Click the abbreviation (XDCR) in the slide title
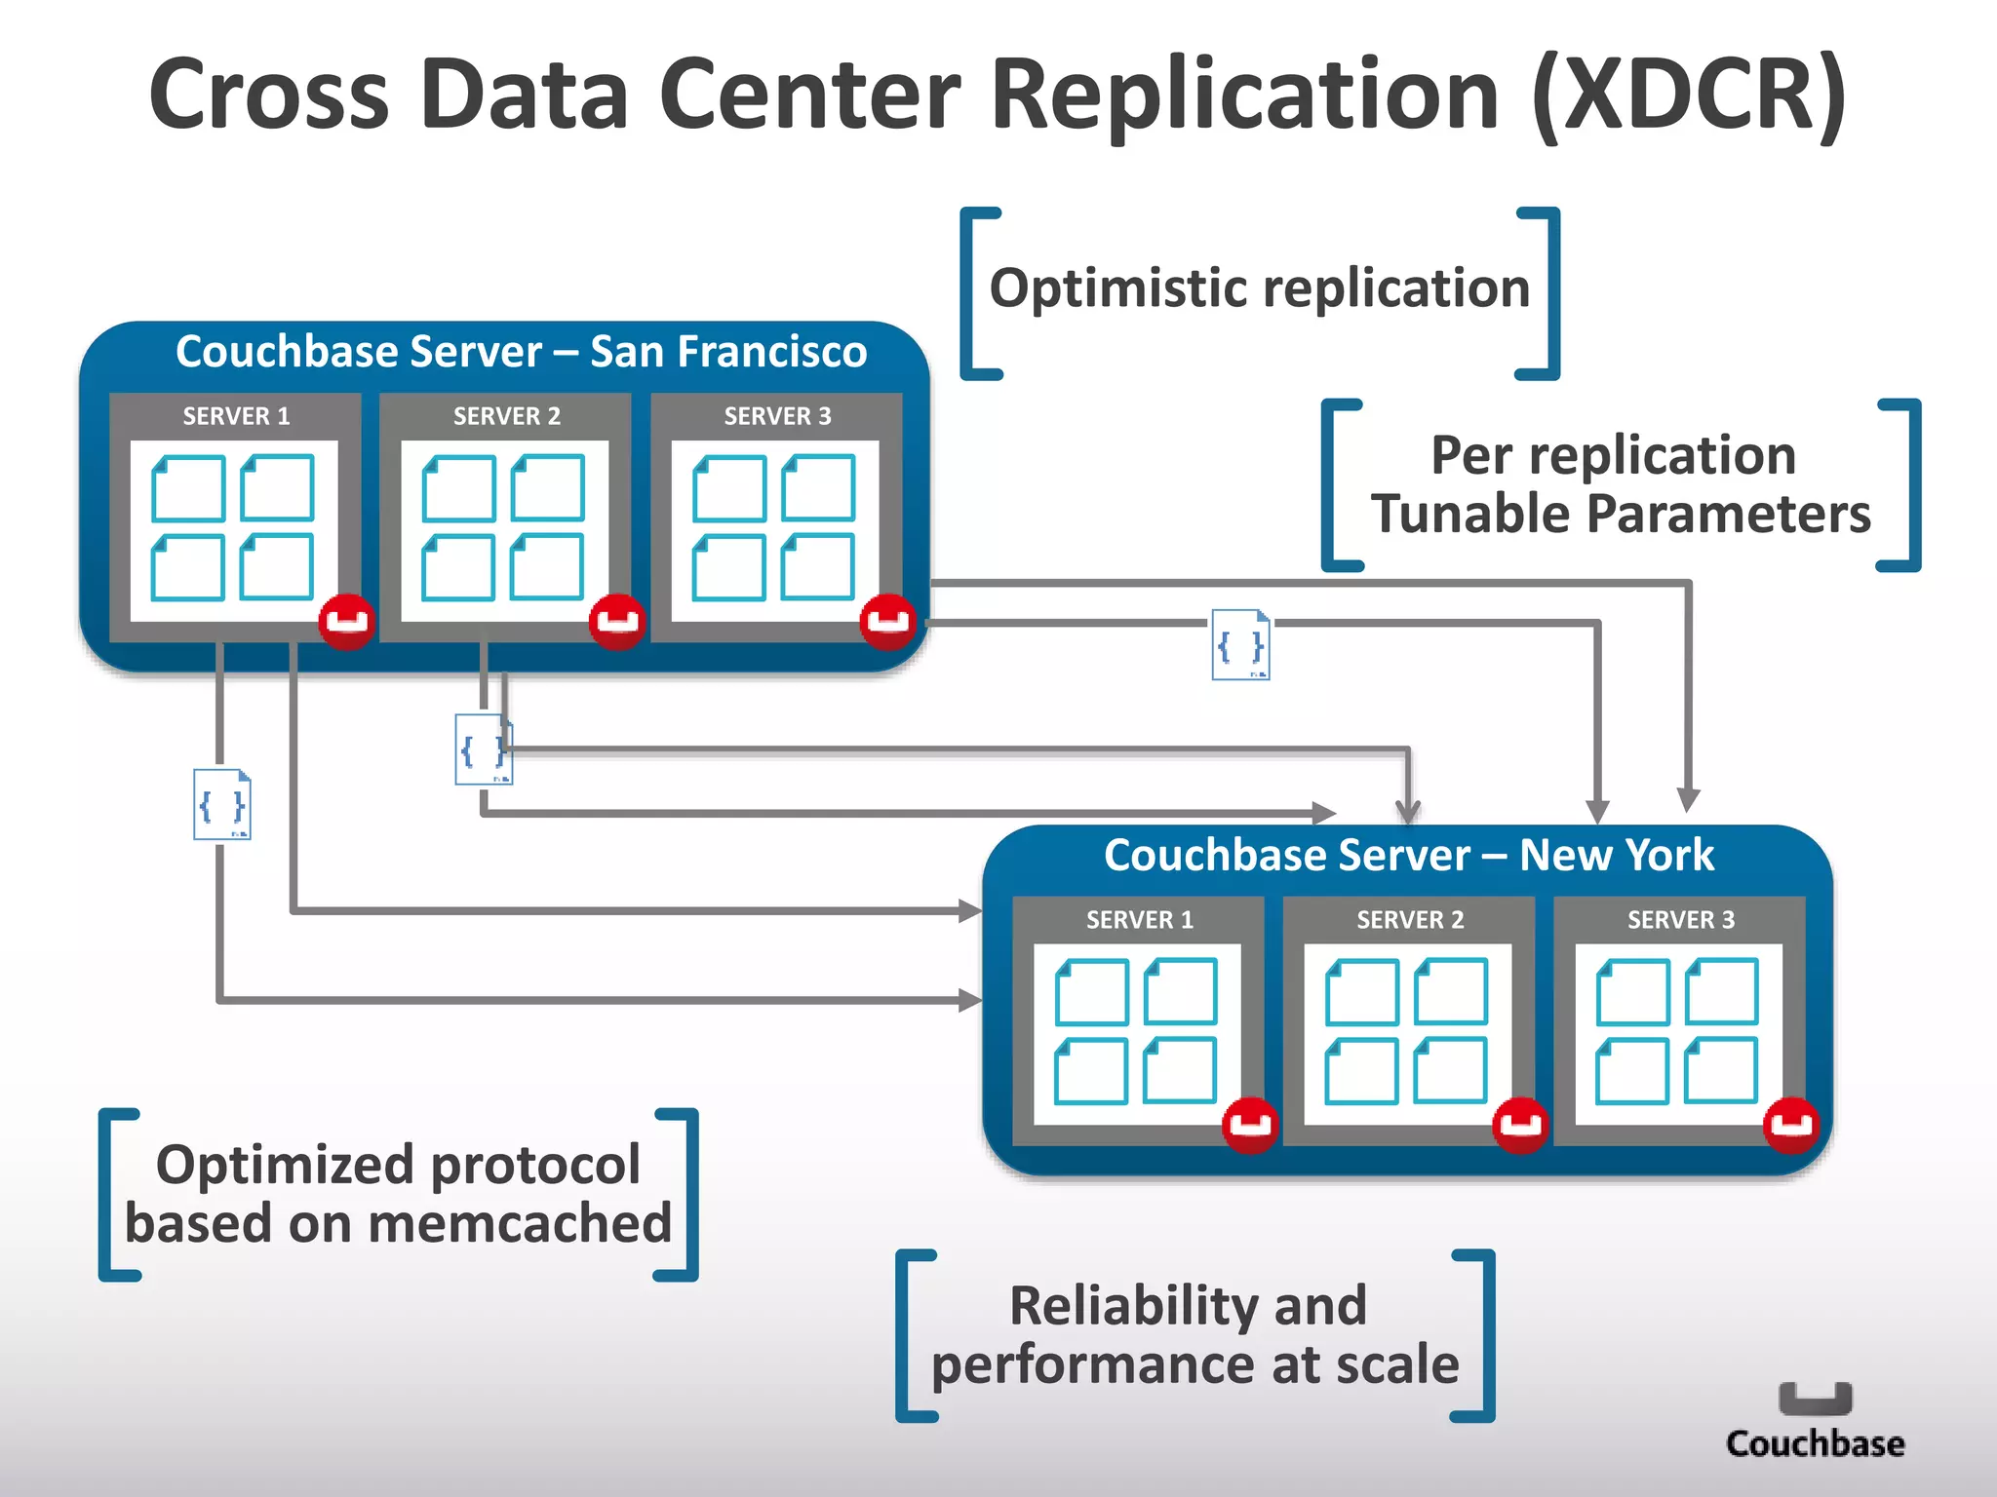point(1688,94)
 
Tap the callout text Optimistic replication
point(1260,288)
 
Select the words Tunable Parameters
point(1621,514)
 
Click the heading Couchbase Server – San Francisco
point(521,351)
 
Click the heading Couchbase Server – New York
point(1408,855)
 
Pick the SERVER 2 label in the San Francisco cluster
point(506,416)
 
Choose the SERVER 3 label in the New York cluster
point(1680,919)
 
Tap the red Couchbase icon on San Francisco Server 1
point(346,620)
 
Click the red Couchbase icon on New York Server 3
point(1790,1124)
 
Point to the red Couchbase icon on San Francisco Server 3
point(887,620)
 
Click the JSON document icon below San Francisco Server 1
point(222,804)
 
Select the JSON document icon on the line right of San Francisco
point(1240,644)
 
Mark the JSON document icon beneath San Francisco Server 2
point(483,749)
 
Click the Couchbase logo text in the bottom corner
point(1815,1443)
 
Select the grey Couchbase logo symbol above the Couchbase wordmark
point(1815,1398)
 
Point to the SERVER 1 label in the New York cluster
point(1139,919)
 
